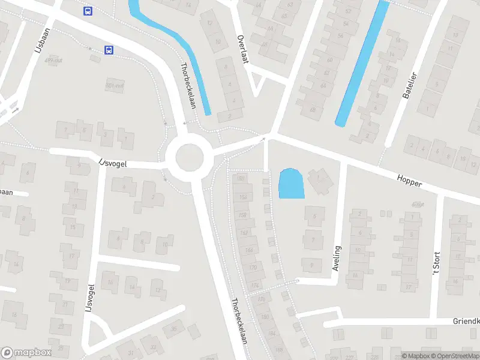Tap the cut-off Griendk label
[466, 322]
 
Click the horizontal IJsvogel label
[113, 162]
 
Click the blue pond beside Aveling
[291, 184]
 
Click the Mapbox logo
[26, 352]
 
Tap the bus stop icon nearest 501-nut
[109, 50]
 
